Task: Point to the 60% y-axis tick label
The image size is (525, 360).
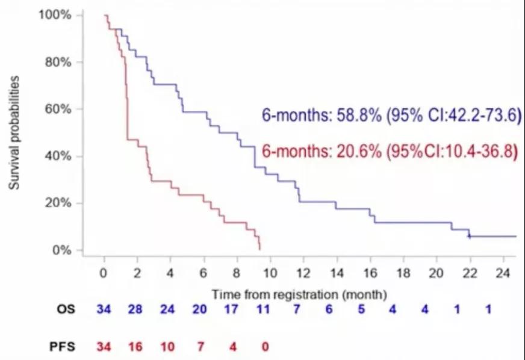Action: [59, 109]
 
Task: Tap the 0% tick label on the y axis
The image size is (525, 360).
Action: [63, 250]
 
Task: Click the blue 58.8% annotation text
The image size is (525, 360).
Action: [390, 116]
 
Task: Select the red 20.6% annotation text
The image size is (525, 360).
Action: [390, 152]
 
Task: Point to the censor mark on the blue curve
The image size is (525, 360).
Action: [469, 236]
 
